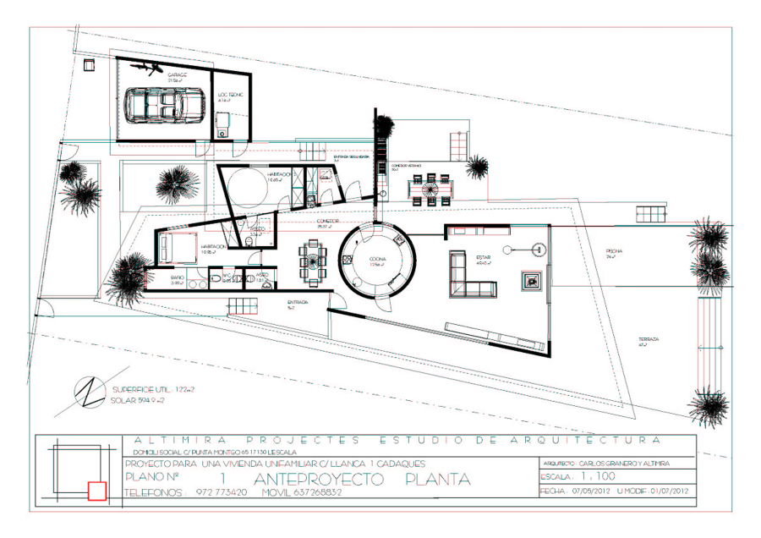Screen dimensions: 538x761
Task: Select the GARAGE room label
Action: tap(177, 75)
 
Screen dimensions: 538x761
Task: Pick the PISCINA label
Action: tap(614, 251)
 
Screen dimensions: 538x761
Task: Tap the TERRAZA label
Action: tap(649, 339)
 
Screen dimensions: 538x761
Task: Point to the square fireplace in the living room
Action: tap(533, 280)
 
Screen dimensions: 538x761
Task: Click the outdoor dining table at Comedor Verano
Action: tap(429, 188)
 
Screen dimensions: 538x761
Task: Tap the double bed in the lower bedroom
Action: tap(176, 248)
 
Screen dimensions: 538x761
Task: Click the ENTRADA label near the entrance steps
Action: tap(297, 302)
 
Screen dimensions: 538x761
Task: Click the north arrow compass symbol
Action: tap(88, 392)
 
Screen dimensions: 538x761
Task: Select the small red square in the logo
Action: tap(96, 489)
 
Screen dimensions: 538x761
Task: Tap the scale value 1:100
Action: tap(599, 476)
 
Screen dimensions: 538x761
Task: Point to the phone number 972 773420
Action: tap(222, 491)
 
